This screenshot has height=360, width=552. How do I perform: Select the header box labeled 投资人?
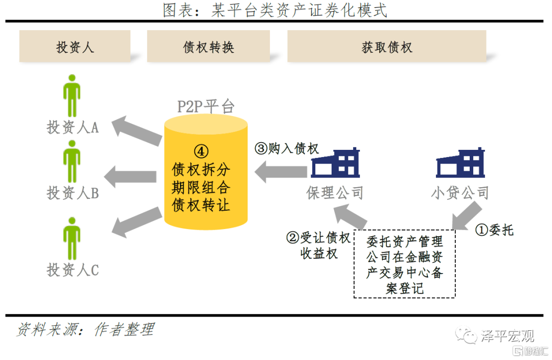coord(75,47)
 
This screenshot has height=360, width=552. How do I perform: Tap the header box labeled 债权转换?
coord(208,47)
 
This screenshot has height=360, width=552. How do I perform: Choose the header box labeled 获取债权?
coord(386,47)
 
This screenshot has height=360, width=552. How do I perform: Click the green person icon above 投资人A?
coord(72,96)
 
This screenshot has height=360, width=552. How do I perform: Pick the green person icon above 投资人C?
coord(72,238)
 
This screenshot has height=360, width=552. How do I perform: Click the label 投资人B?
coord(73,193)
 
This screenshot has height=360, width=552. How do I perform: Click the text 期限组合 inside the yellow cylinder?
coord(201,187)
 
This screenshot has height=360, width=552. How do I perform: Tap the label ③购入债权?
coord(287,148)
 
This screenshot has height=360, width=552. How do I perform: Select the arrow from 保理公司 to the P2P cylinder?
coord(281,172)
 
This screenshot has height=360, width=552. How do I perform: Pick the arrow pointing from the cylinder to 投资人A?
coord(137,130)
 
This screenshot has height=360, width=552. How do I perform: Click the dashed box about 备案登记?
coord(404,263)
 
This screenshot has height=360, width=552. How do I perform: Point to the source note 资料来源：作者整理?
coord(85,330)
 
